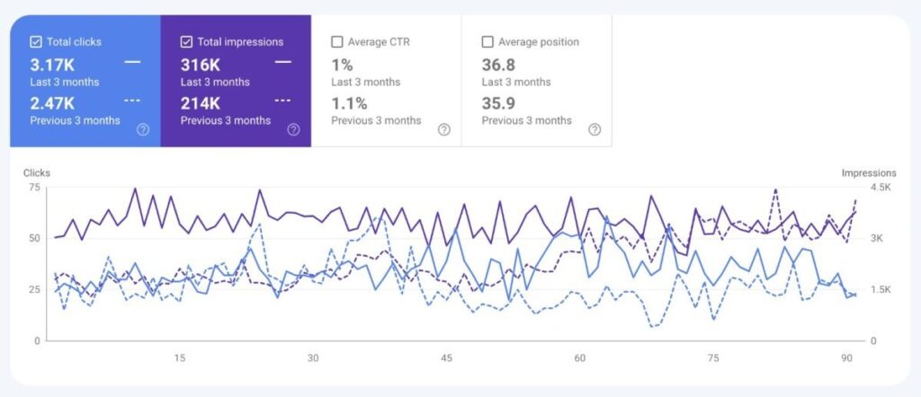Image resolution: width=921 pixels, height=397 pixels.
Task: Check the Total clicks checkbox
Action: (36, 41)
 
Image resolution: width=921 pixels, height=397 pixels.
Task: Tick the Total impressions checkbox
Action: (186, 41)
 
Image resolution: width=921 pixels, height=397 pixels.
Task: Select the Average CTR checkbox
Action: (336, 41)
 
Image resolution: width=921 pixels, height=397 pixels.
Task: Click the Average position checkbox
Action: (487, 41)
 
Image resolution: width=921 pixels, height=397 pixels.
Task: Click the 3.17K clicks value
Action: (52, 65)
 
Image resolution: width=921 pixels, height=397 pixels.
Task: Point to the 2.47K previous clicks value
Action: (52, 103)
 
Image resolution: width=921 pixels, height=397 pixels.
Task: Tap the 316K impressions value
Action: (201, 65)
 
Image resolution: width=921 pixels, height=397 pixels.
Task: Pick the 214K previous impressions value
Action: (201, 103)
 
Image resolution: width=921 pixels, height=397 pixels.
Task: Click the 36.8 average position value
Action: (500, 65)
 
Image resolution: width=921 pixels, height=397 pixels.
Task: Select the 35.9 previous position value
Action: (500, 103)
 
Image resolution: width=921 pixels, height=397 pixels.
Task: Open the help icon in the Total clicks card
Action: (142, 129)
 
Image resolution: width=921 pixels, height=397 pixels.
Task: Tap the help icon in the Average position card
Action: (594, 129)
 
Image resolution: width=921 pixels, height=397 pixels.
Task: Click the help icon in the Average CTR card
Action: (443, 129)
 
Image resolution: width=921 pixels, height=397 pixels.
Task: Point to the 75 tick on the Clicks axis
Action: (35, 187)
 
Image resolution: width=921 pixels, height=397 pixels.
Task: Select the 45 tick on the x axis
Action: (446, 358)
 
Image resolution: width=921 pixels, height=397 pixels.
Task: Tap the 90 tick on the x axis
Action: (847, 358)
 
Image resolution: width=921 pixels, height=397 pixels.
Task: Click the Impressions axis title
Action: (869, 172)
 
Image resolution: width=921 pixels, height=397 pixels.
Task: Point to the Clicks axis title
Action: (38, 172)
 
